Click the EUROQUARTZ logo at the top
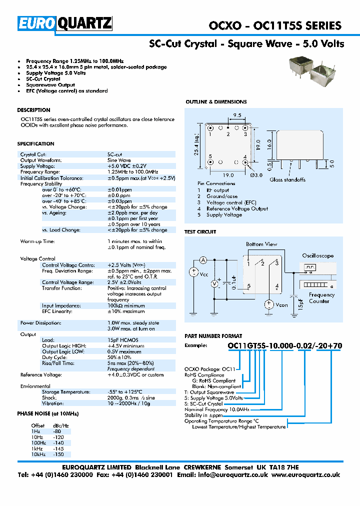click(65, 23)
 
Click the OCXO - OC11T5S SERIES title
click(274, 25)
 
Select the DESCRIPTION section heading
click(33, 110)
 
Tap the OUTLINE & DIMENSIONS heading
click(216, 102)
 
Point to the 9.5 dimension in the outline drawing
click(237, 115)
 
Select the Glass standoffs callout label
click(287, 179)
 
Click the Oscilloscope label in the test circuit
click(317, 255)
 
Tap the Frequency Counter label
click(321, 298)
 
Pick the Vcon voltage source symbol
click(269, 304)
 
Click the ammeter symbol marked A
click(203, 260)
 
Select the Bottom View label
click(261, 244)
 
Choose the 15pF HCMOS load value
click(123, 340)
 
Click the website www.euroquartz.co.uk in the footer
click(306, 474)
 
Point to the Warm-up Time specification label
click(37, 241)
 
